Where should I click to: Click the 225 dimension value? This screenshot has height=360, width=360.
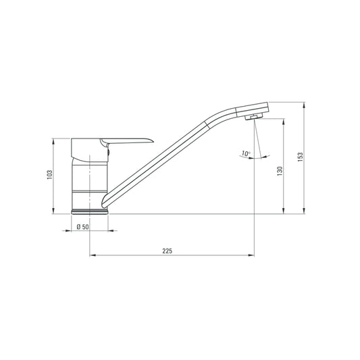pyautogui.click(x=168, y=251)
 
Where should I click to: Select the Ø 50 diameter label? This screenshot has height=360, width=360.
pyautogui.click(x=83, y=226)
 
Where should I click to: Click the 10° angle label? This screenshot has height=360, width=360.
pyautogui.click(x=245, y=154)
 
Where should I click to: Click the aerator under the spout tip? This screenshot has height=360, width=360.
pyautogui.click(x=253, y=118)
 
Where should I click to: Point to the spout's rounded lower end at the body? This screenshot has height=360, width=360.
pyautogui.click(x=104, y=203)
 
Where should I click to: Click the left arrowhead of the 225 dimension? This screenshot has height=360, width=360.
pyautogui.click(x=93, y=255)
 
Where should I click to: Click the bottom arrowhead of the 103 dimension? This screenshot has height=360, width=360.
pyautogui.click(x=54, y=211)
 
